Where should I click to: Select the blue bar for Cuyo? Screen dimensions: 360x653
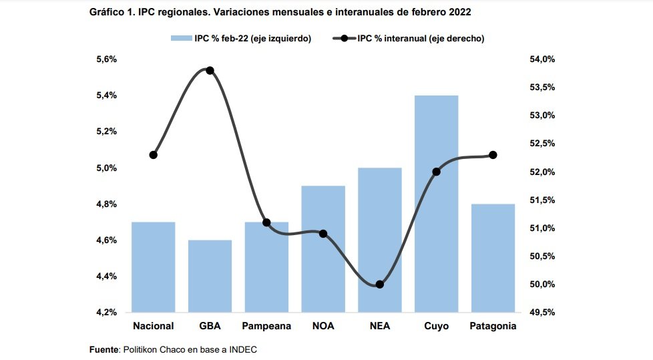(x=436, y=204)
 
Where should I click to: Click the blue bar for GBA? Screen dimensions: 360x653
(x=210, y=276)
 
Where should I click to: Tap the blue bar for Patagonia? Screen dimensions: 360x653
(x=493, y=258)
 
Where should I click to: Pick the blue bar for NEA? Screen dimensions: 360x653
(x=380, y=240)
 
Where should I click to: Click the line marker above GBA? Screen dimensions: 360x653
(x=210, y=70)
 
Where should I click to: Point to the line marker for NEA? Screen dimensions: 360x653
(x=380, y=285)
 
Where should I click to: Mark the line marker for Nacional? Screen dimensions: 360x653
(x=154, y=155)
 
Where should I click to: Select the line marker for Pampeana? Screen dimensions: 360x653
(x=266, y=222)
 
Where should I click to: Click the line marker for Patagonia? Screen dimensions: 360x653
(x=493, y=155)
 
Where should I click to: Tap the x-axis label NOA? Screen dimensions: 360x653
(x=323, y=326)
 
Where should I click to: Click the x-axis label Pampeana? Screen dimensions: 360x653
(x=266, y=326)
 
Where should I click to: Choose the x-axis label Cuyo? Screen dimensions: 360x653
(x=436, y=326)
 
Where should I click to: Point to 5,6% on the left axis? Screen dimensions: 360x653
(x=106, y=59)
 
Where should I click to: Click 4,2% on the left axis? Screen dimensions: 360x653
(x=106, y=312)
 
